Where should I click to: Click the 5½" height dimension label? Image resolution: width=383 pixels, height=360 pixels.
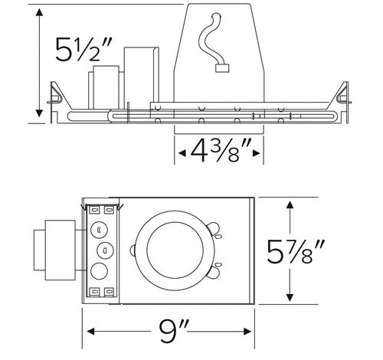83,50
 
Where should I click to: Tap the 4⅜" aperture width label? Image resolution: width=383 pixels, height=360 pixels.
218,151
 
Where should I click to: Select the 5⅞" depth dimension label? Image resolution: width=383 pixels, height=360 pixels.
296,251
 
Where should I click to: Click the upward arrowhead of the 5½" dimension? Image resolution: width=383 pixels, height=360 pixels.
39,12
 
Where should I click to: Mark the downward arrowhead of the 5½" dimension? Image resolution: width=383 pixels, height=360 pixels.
39,113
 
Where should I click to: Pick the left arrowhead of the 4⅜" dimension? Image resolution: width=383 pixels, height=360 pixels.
182,153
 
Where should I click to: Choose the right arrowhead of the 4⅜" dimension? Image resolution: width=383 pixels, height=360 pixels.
256,153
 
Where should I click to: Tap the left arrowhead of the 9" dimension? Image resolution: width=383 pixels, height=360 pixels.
91,332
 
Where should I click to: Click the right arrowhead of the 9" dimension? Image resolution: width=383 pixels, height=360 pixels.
247,332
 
